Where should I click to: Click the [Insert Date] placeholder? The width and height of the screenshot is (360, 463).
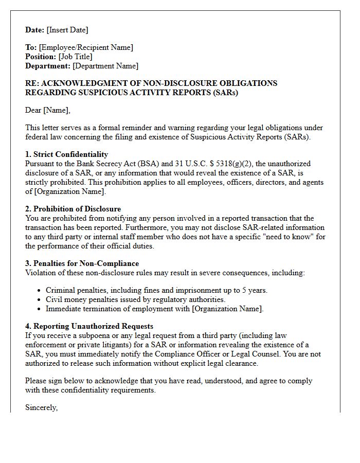(x=67, y=30)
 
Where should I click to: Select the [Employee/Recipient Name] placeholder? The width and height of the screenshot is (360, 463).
(x=86, y=47)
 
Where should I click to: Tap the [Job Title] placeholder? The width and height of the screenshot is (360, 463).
(x=76, y=57)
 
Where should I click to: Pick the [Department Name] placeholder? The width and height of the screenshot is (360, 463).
(x=105, y=66)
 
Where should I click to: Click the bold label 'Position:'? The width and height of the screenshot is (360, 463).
(x=41, y=57)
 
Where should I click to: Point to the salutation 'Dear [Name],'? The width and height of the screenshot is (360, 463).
(x=48, y=110)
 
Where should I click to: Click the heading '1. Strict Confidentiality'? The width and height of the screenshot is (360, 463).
(x=67, y=154)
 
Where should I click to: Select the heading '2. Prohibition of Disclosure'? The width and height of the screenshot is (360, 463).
(x=73, y=209)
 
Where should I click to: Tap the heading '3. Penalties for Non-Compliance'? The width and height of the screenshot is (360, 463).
(x=82, y=263)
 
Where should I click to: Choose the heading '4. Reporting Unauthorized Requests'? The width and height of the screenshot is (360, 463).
(x=89, y=326)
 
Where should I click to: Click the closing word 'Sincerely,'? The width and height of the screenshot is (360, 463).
(x=42, y=407)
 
